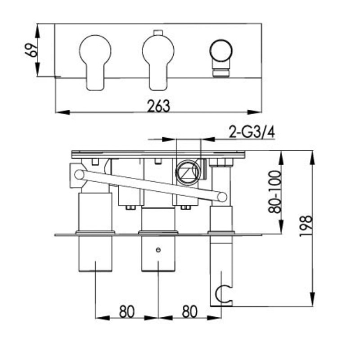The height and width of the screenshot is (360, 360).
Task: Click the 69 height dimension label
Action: (31, 49)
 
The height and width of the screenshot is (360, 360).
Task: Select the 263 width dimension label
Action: (159, 106)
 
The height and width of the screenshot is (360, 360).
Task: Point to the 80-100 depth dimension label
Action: (274, 192)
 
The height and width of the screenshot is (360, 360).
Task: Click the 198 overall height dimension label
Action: (306, 226)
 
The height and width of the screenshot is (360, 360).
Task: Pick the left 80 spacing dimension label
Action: (126, 311)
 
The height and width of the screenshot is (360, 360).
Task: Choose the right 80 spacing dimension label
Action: (189, 311)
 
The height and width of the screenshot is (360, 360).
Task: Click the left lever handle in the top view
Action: (95, 63)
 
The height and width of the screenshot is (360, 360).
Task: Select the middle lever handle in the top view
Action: (158, 63)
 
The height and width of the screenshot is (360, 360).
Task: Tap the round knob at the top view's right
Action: (221, 51)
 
